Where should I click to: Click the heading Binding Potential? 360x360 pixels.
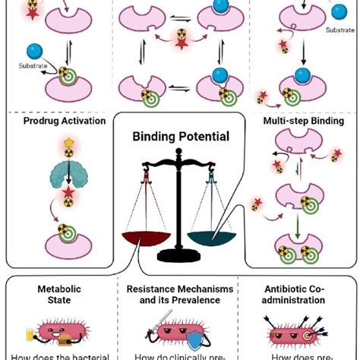click(x=179, y=137)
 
